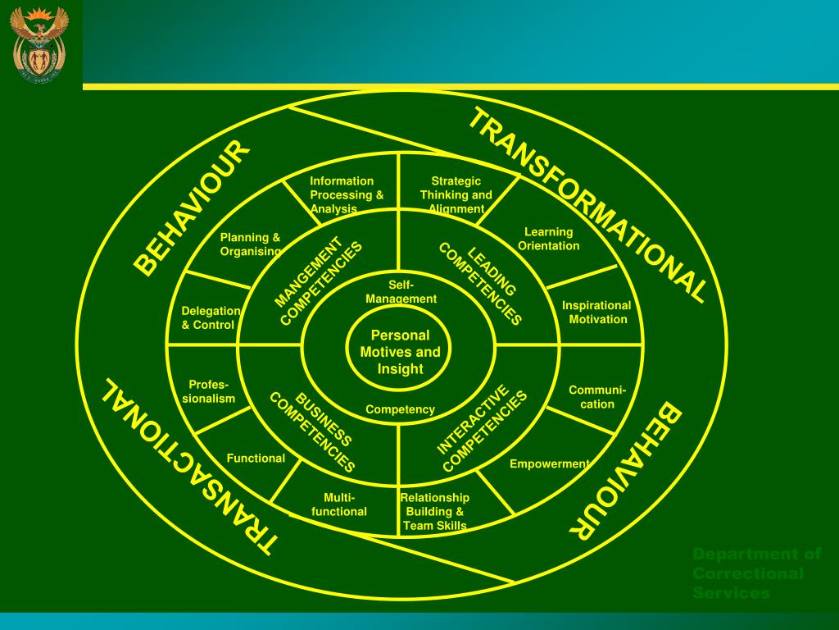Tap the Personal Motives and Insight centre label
point(400,352)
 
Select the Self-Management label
point(401,292)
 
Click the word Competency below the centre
point(400,409)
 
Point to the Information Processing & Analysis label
point(346,195)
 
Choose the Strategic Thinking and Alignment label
point(456,195)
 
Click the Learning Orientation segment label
point(549,239)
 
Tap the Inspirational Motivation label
point(596,313)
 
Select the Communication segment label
point(597,397)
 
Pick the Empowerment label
point(549,464)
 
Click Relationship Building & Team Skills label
point(434,512)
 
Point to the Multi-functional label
point(339,504)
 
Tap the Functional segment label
point(256,459)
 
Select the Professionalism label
point(208,392)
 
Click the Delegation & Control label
point(211,318)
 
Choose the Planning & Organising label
point(250,244)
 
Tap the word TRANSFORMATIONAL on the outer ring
point(585,205)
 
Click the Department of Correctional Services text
point(756,573)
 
